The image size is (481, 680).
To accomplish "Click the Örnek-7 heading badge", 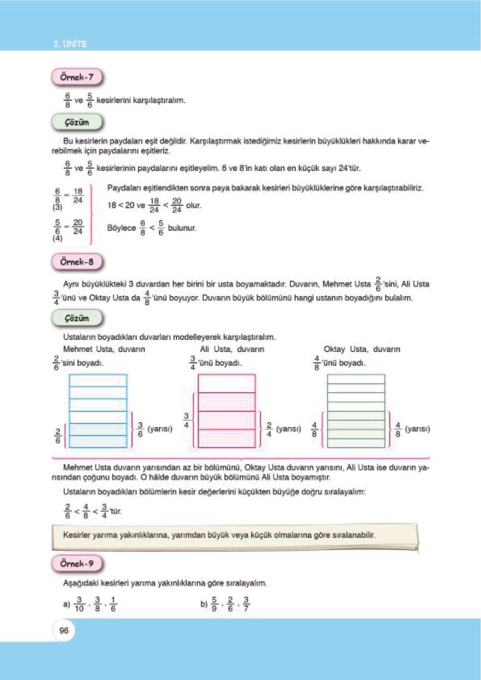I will point(77,77).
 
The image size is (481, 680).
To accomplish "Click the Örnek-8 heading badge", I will point(77,262).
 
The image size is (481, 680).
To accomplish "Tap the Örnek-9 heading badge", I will point(77,563).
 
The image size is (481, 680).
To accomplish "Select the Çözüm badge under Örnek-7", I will point(77,122).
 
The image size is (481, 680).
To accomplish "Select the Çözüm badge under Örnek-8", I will point(77,318).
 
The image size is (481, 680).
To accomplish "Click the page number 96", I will point(64,630).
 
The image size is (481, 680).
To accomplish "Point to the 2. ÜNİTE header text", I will point(70,44).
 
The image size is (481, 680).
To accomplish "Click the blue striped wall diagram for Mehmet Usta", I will point(98,411).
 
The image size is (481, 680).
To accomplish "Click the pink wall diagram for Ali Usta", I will point(227,411).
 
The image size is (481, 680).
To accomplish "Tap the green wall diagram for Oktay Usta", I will point(356,411).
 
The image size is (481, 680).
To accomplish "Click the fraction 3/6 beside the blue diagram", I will point(140,429).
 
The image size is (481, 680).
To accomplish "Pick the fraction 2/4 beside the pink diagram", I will point(269,429).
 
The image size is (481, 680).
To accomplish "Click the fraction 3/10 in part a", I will point(79,604).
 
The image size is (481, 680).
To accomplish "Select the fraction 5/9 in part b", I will point(214,604).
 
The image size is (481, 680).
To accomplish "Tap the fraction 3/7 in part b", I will point(246,604).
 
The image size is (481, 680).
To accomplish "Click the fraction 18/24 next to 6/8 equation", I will point(78,196).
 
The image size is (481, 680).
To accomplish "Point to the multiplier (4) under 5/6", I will point(57,238).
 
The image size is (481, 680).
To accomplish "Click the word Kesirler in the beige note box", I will point(77,535).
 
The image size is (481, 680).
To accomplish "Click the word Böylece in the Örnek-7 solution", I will point(121,228).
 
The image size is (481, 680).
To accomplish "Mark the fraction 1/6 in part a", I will point(113,604).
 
